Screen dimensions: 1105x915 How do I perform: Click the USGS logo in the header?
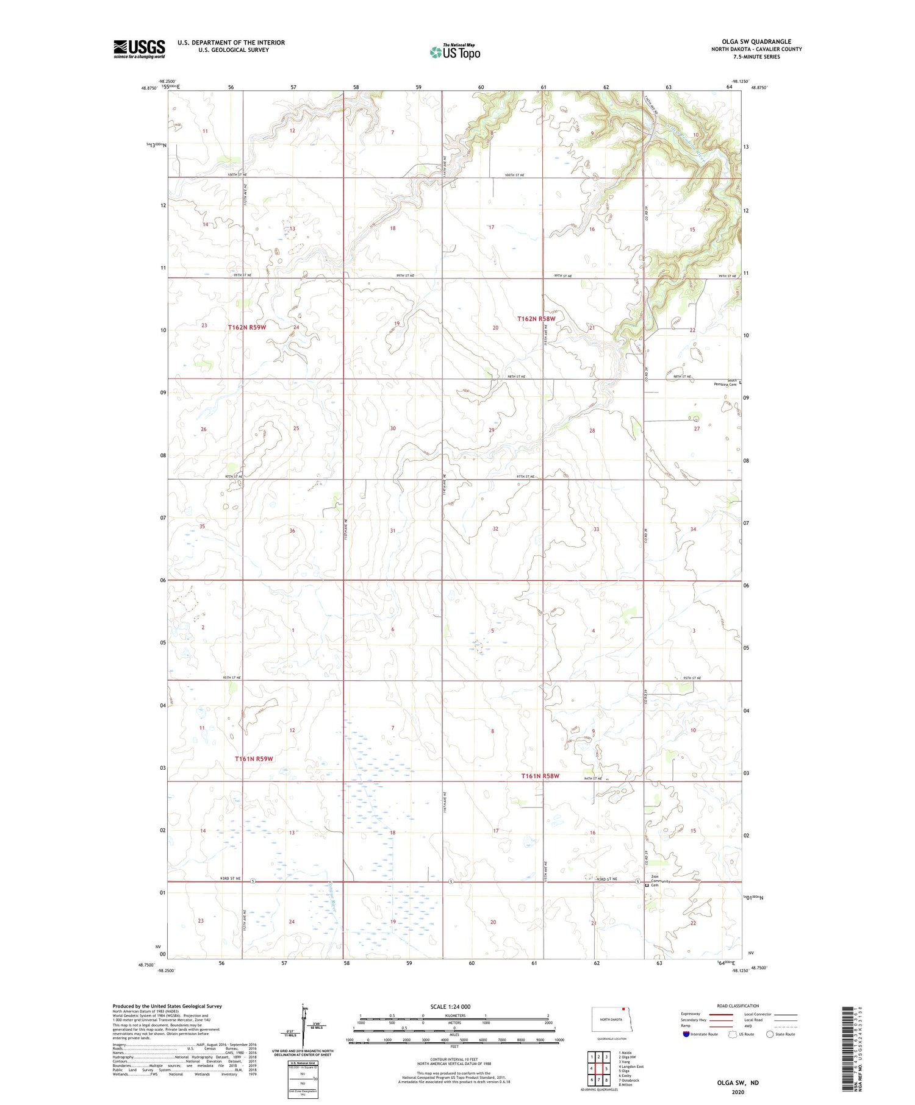point(139,49)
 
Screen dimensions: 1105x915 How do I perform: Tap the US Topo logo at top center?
point(454,52)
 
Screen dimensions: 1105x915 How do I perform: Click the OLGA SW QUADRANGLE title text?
point(756,41)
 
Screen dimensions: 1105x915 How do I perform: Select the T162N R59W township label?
point(247,327)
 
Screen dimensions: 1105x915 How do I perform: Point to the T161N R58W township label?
point(540,776)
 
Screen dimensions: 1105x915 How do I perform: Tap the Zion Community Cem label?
point(661,881)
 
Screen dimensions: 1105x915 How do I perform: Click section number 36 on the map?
point(292,531)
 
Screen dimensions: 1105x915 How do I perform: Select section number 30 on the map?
point(393,428)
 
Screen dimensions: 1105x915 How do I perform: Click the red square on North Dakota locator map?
point(623,1008)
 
